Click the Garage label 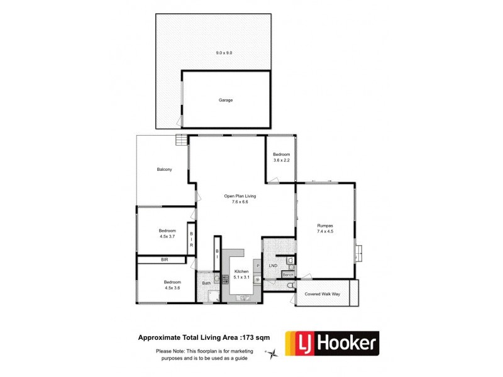(226, 100)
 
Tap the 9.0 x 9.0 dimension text (224, 53)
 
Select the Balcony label (165, 170)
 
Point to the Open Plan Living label (240, 196)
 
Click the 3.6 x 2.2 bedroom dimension (281, 160)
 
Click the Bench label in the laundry (289, 275)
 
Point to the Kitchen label (241, 271)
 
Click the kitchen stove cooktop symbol (225, 278)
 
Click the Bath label (206, 283)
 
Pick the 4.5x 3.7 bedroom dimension (168, 237)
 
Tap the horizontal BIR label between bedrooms (164, 259)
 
